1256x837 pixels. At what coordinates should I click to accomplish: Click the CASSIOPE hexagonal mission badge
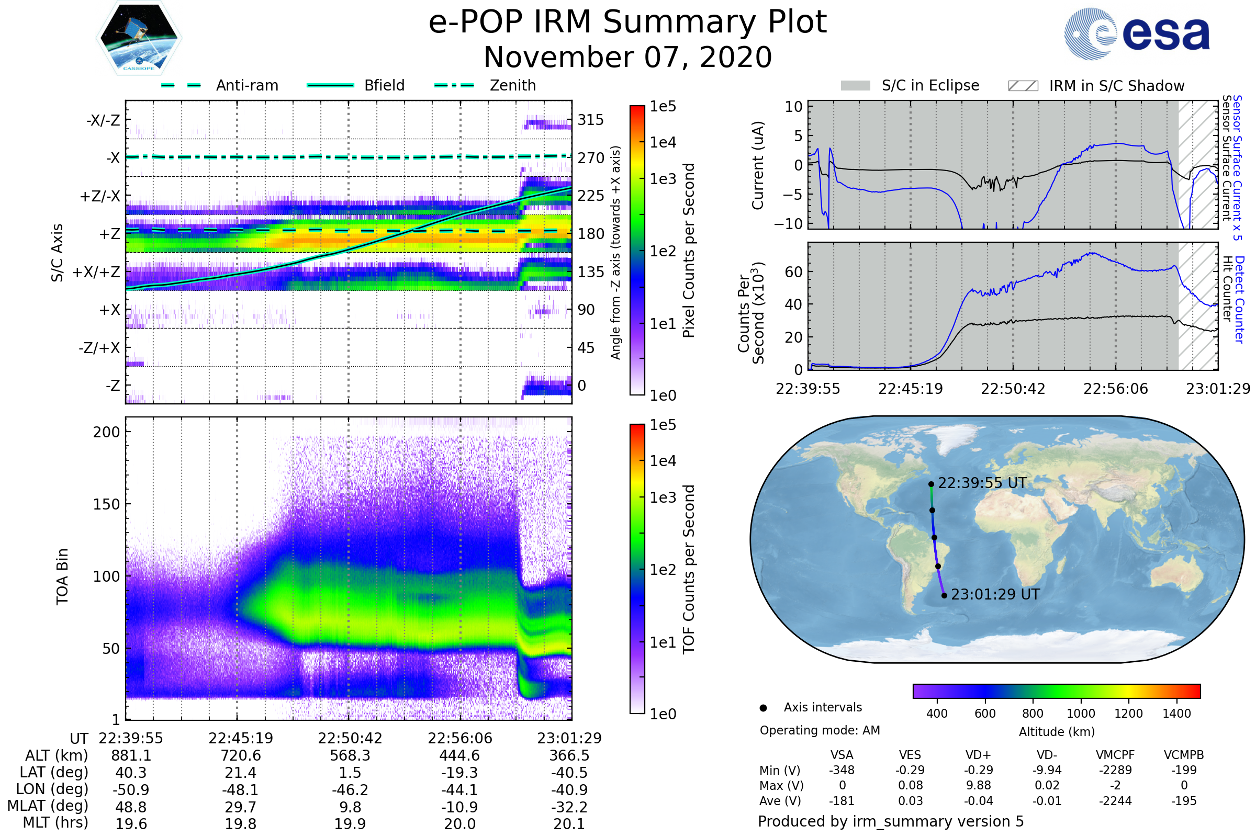[139, 38]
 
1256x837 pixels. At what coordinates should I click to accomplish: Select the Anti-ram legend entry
[219, 85]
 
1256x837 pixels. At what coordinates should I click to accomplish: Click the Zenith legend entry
[485, 85]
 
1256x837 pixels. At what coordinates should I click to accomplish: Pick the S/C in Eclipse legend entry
[910, 85]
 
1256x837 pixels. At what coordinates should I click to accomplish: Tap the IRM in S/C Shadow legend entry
[1096, 86]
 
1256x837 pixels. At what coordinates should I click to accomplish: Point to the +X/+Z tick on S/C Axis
[96, 272]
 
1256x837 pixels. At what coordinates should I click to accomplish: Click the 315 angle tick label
[591, 120]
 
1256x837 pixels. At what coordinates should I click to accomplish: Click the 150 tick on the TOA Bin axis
[106, 504]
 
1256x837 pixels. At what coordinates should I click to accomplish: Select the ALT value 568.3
[350, 755]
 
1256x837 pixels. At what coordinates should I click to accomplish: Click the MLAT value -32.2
[569, 807]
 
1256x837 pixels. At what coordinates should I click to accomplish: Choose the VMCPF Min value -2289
[1115, 770]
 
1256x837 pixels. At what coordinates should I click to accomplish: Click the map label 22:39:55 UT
[982, 483]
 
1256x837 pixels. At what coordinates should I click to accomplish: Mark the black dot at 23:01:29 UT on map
[944, 595]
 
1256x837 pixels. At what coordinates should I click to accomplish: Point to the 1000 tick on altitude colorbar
[1081, 714]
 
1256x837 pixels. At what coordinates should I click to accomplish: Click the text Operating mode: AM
[820, 730]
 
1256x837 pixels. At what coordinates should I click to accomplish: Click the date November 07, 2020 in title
[627, 57]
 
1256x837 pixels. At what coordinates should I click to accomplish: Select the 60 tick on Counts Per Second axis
[793, 272]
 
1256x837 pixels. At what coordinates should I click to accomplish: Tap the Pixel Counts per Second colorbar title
[689, 251]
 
